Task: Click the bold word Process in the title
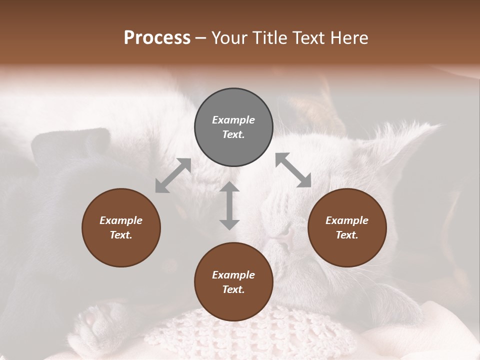[x=157, y=38]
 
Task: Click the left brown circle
[x=121, y=227]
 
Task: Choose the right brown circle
[x=347, y=227]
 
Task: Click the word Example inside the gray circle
[x=233, y=120]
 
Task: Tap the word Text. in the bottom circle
[x=233, y=289]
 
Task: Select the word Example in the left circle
[x=121, y=220]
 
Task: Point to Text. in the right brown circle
[x=347, y=235]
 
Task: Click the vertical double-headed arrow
[x=229, y=205]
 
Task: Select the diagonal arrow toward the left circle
[x=173, y=175]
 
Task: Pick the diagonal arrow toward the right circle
[x=293, y=170]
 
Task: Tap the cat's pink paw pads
[x=92, y=318]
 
